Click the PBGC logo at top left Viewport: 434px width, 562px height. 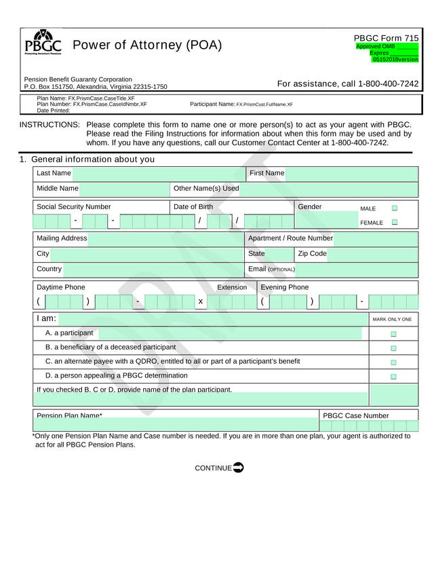coord(43,43)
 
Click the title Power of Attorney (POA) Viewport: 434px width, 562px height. coord(147,45)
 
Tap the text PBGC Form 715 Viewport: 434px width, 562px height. coord(386,39)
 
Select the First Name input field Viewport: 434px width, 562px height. coord(351,174)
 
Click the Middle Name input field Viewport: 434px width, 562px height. coord(123,189)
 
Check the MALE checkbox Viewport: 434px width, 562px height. coord(394,208)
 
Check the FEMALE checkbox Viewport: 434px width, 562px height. coord(394,222)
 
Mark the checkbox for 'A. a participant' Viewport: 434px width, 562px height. coord(393,334)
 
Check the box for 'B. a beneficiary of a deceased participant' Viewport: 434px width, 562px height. coord(393,348)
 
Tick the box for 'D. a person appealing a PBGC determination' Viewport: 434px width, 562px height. coord(393,377)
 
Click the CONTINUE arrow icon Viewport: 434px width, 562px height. coord(238,468)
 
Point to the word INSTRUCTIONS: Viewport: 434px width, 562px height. coord(50,125)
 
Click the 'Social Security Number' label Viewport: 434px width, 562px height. coord(74,207)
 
